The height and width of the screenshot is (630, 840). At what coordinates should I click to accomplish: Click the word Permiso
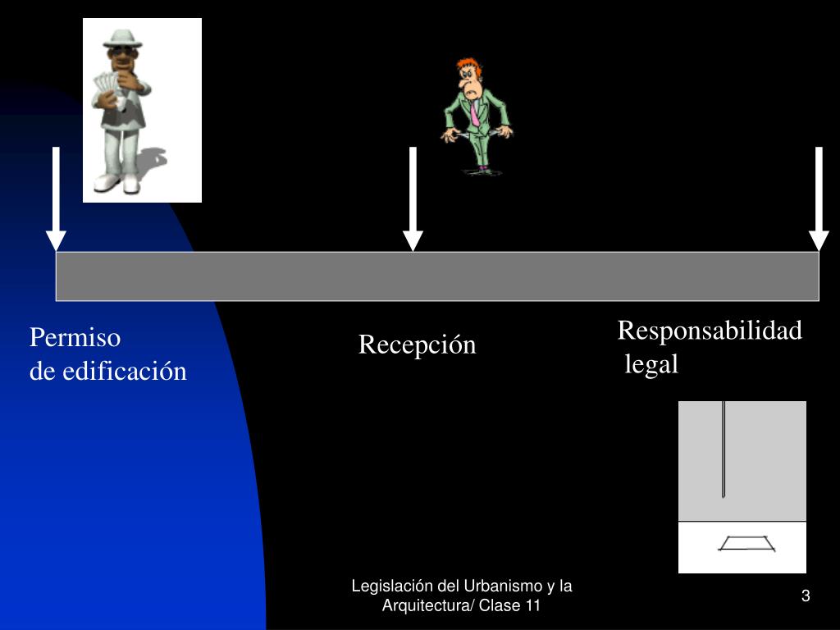[x=75, y=338]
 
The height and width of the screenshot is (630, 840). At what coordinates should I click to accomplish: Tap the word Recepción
[x=417, y=345]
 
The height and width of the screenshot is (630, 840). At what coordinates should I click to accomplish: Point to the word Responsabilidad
[x=710, y=331]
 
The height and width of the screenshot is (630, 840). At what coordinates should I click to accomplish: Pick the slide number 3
[x=806, y=596]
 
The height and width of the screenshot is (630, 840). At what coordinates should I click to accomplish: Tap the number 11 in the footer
[x=532, y=606]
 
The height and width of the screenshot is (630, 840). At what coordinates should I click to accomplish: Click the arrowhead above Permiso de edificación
[x=56, y=240]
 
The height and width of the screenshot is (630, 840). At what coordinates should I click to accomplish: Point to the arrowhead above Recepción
[x=413, y=240]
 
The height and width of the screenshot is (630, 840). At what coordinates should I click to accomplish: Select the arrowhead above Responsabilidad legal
[x=819, y=240]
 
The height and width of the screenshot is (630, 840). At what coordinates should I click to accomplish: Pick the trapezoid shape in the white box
[x=746, y=543]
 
